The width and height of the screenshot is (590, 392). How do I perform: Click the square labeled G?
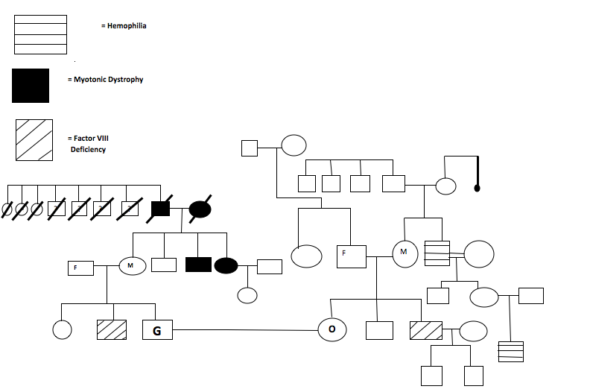156,329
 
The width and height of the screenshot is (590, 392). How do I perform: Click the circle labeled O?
332,329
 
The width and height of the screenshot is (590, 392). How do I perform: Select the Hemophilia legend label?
124,26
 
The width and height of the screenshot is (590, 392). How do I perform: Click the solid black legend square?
31,85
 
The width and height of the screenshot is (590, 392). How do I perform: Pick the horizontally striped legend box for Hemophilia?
40,34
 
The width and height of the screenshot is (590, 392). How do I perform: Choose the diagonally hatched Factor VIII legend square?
34,140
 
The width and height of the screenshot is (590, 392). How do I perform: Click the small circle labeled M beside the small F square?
131,265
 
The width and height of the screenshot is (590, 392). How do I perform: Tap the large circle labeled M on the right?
404,253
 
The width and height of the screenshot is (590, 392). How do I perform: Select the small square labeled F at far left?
80,267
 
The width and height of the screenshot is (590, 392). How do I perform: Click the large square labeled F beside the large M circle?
351,256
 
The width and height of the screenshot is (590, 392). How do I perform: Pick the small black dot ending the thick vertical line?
477,189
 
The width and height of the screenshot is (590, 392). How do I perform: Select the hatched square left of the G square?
112,329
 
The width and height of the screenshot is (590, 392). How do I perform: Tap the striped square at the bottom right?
511,352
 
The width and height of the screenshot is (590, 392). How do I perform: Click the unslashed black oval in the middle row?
226,265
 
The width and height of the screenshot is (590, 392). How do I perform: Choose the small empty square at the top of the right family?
250,148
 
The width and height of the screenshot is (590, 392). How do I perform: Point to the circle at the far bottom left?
62,329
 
